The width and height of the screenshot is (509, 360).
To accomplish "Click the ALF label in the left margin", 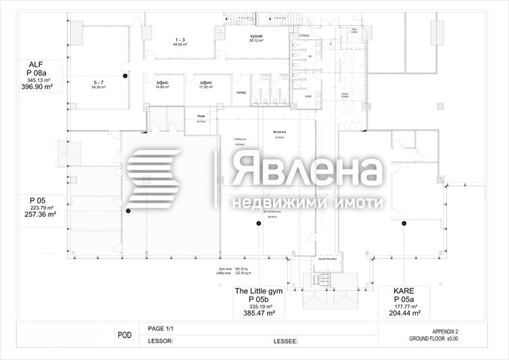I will (x=35, y=65).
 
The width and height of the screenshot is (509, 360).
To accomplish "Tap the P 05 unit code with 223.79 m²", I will (x=37, y=201).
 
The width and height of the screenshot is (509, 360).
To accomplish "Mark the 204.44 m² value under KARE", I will (x=406, y=313).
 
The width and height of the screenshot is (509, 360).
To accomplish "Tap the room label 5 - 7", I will (x=99, y=82).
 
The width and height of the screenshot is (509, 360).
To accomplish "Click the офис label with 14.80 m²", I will (x=162, y=82).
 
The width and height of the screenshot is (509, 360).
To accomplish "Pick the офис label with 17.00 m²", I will (x=205, y=82).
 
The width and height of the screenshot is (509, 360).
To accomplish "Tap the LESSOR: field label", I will (x=161, y=342).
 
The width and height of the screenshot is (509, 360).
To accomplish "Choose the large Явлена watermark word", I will (x=307, y=172).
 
